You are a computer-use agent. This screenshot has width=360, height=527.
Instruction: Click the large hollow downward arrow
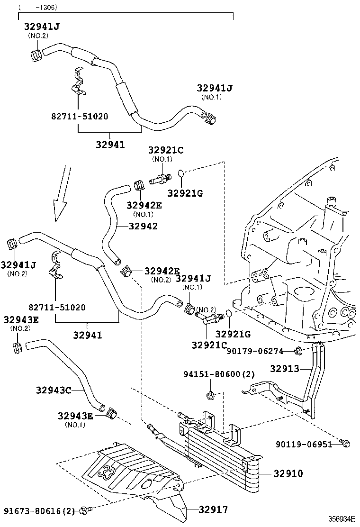[62, 194]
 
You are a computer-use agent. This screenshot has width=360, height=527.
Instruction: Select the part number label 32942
[143, 227]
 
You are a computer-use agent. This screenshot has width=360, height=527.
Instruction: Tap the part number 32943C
[53, 390]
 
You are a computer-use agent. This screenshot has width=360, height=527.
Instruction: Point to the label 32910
[288, 473]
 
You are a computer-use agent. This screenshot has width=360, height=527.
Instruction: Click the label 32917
[213, 510]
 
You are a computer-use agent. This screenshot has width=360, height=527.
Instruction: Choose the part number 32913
[286, 368]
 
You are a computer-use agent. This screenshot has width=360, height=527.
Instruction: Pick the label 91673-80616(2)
[39, 510]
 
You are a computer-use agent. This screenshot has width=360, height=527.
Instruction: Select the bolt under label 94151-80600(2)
[210, 395]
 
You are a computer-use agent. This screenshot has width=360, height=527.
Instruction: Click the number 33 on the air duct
[107, 472]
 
